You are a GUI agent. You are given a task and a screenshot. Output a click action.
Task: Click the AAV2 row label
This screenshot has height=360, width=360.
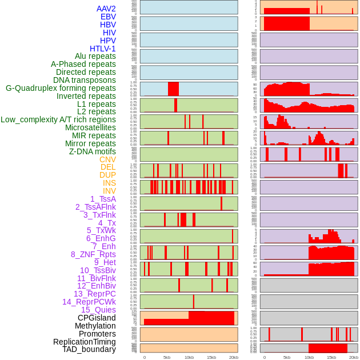point(106,9)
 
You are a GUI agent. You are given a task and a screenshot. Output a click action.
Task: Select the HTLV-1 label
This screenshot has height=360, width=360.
point(102,49)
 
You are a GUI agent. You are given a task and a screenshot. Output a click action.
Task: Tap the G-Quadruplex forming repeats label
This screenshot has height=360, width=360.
point(61,88)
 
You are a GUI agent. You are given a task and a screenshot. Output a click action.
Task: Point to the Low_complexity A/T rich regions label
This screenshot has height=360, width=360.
point(58,119)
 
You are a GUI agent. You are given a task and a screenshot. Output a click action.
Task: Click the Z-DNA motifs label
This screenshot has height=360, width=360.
point(93,151)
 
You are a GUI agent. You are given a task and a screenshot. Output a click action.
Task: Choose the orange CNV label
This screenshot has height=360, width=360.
point(107,159)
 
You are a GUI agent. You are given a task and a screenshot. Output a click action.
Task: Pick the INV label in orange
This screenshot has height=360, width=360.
point(109,191)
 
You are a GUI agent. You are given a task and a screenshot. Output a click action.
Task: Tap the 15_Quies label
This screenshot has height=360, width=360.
point(98,310)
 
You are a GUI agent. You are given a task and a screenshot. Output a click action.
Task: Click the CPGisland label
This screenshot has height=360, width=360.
point(97,318)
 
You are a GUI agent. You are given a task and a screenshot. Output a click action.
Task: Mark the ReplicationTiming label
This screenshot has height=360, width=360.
point(85,342)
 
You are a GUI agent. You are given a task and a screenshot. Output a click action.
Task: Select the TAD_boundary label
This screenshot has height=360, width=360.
point(89,349)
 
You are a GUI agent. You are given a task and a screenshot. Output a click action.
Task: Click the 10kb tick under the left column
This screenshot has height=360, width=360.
point(189,357)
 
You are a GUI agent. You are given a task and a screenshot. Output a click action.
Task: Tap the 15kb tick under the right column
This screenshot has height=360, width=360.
point(331,357)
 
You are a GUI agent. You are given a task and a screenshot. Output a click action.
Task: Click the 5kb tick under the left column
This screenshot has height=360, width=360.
point(166,357)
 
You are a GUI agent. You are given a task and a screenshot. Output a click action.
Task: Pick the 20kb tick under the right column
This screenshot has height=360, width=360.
point(354,357)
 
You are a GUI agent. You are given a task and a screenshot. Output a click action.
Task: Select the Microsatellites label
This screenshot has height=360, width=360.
point(90,127)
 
